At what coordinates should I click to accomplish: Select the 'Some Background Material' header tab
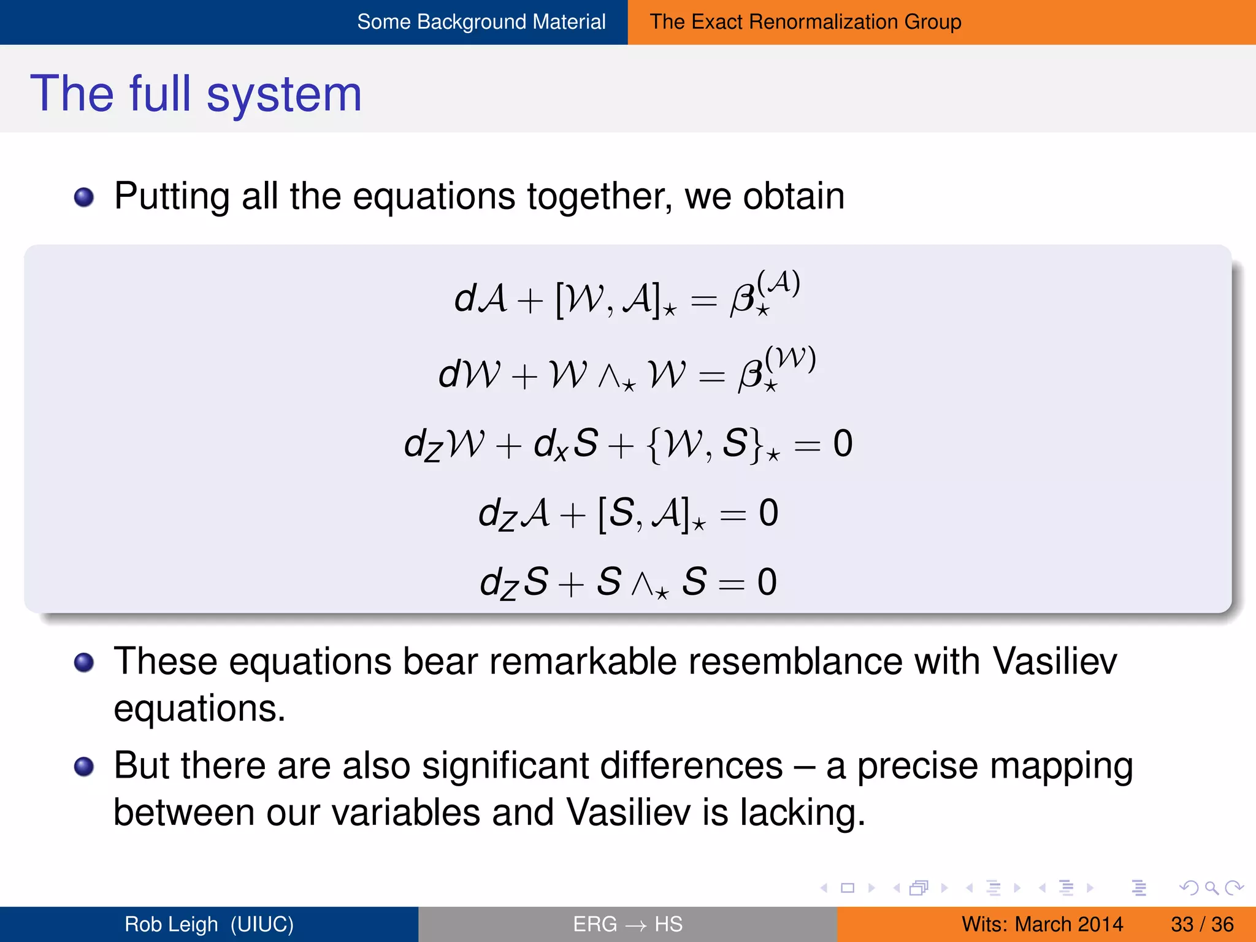(481, 22)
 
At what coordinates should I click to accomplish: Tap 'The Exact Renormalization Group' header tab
(805, 22)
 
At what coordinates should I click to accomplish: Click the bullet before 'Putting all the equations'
(84, 197)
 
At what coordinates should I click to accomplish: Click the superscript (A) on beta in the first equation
(778, 283)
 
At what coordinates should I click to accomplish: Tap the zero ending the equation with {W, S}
(843, 443)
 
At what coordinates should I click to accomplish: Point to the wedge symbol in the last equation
(643, 583)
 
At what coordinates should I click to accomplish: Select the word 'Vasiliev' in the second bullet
(1055, 662)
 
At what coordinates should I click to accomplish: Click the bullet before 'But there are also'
(84, 767)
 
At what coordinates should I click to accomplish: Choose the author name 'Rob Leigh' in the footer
(171, 924)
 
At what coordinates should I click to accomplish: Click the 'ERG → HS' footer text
(627, 924)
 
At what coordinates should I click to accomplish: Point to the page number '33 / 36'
(1201, 924)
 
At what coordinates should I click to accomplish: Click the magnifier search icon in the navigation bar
(1211, 888)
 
